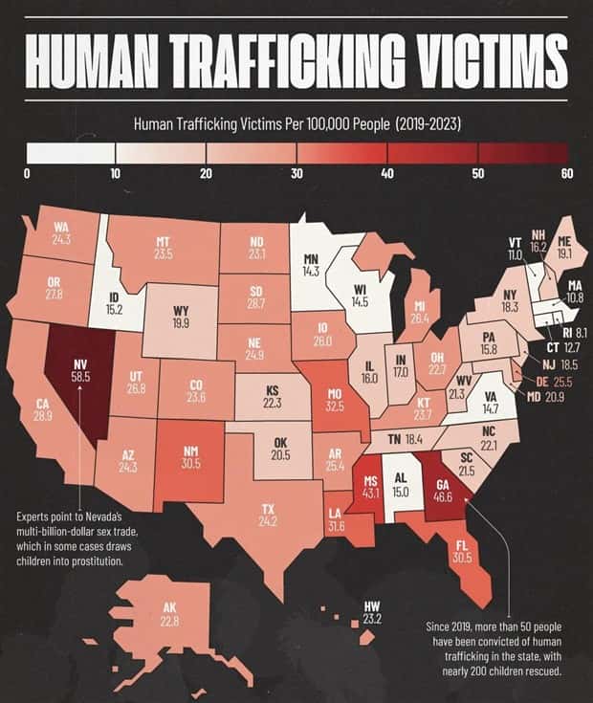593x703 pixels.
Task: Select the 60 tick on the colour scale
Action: coord(567,173)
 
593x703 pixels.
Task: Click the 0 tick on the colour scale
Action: coord(27,173)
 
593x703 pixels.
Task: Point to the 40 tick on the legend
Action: coord(387,173)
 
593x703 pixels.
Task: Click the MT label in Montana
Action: coord(163,242)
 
